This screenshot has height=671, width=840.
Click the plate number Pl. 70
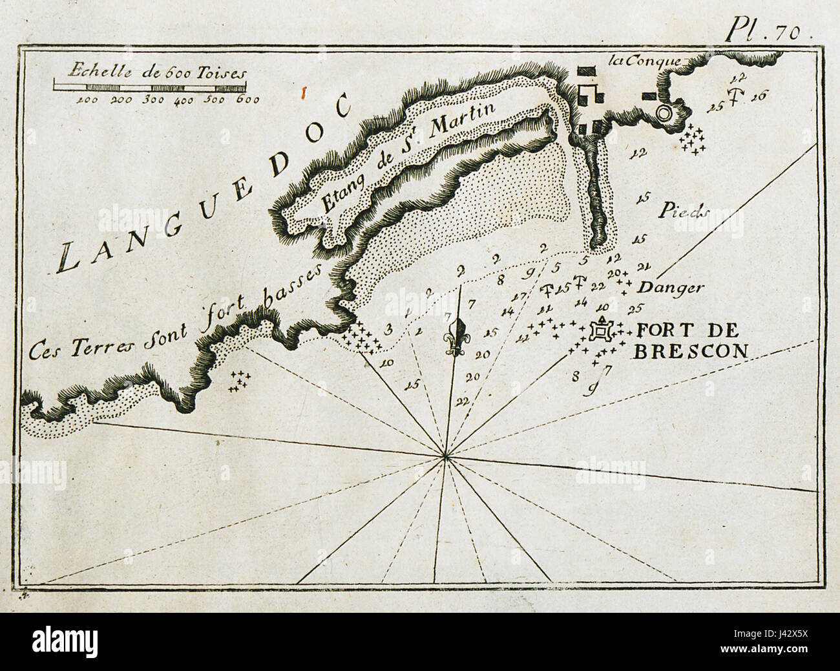click(769, 29)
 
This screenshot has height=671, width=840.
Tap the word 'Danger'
click(669, 288)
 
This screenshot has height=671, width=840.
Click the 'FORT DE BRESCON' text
click(690, 341)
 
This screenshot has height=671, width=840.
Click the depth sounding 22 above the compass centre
click(461, 401)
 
